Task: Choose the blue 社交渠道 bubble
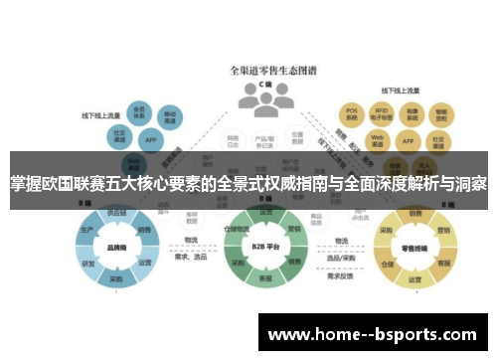coord(119,134)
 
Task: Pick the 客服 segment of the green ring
coord(266,279)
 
